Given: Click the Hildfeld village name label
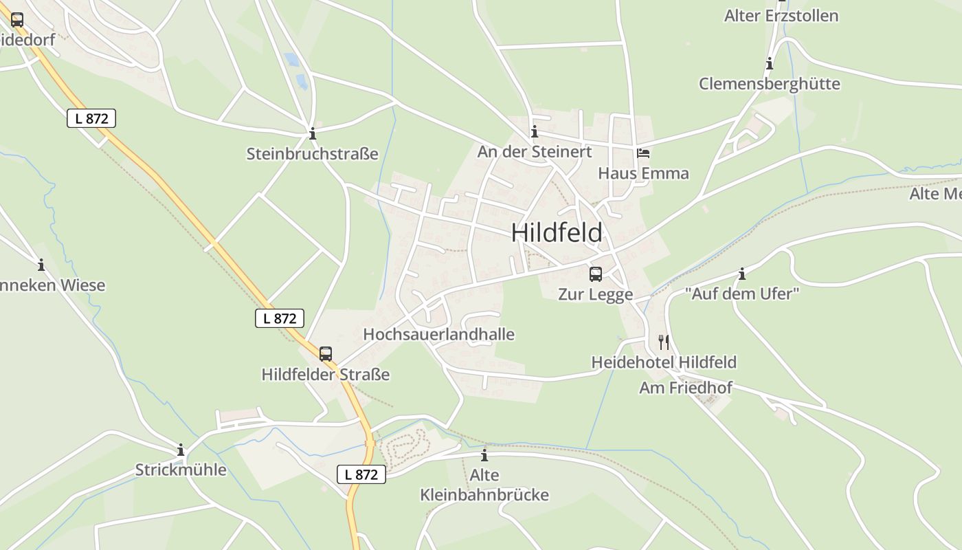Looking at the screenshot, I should click(557, 233).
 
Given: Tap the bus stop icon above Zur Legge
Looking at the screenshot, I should click(596, 274).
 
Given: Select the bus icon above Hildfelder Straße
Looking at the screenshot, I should click(326, 354).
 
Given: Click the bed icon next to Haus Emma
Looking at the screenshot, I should click(643, 153).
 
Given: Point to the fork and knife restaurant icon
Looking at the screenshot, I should click(664, 342).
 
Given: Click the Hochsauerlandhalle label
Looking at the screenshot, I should click(438, 334).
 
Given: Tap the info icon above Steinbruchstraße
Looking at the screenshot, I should click(313, 133).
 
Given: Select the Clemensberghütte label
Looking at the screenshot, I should click(769, 84).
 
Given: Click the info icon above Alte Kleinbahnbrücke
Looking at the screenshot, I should click(484, 455).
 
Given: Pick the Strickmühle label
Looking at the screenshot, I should click(181, 470).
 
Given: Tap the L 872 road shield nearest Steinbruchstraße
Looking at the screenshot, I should click(91, 118).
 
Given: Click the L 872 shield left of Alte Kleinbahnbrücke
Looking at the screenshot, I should click(361, 474).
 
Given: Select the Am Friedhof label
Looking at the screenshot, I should click(685, 388).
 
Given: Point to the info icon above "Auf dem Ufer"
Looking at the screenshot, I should click(742, 274).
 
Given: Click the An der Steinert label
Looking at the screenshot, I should click(535, 152).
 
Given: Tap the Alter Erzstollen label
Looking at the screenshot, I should click(781, 16).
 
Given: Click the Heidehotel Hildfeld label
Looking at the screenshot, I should click(664, 362).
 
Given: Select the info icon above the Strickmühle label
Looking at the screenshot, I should click(181, 450).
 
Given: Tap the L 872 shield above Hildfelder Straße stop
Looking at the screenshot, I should click(280, 318).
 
